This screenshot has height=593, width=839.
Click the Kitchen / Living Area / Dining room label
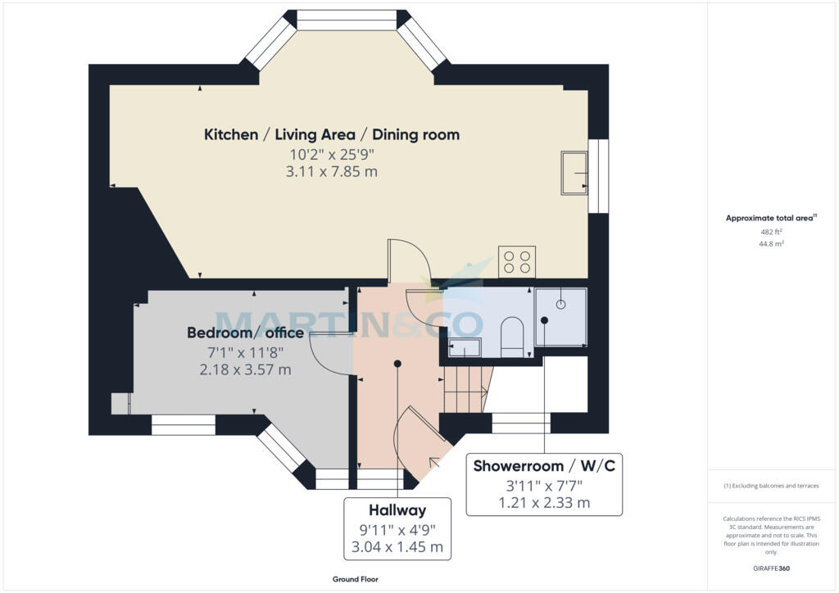[x=332, y=134]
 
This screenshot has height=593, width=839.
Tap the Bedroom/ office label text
[x=245, y=333]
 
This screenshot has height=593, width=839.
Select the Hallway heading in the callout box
[x=397, y=510]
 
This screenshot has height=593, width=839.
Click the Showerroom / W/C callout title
[x=544, y=466]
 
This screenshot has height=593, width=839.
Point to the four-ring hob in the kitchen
[x=517, y=262]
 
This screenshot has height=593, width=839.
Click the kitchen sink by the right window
[x=574, y=173]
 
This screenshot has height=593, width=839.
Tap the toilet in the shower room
[x=512, y=337]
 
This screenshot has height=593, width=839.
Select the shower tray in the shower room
[x=560, y=317]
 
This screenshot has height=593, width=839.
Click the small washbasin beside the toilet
[x=465, y=347]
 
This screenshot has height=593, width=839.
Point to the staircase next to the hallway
[x=466, y=389]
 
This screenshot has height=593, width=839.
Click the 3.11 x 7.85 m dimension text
[x=332, y=172]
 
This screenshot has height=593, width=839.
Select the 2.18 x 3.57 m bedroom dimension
[x=245, y=369]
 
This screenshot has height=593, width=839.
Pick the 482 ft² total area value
[x=771, y=232]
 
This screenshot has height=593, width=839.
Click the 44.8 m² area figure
[x=771, y=243]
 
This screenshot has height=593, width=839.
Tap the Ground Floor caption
[x=356, y=579]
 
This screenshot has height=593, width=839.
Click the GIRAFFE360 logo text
[x=771, y=568]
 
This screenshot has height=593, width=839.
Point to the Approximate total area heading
[x=771, y=218]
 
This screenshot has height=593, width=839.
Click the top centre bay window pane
[x=347, y=20]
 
